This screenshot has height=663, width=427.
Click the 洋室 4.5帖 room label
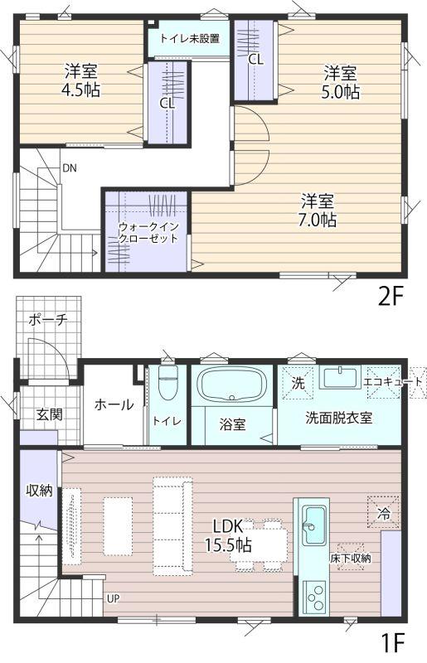pyautogui.click(x=82, y=80)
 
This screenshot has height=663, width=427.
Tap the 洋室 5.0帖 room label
pyautogui.click(x=341, y=82)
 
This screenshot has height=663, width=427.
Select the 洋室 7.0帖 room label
pyautogui.click(x=318, y=211)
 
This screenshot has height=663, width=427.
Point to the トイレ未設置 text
pyautogui.click(x=190, y=39)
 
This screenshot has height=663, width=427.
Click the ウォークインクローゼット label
pyautogui.click(x=148, y=232)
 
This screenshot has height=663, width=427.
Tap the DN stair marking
pyautogui.click(x=70, y=168)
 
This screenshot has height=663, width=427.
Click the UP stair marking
pyautogui.click(x=113, y=598)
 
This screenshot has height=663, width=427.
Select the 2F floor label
pyautogui.click(x=389, y=297)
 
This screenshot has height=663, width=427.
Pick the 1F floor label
pyautogui.click(x=393, y=643)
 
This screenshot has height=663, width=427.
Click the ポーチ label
pyautogui.click(x=48, y=320)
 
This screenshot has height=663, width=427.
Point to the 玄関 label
pyautogui.click(x=49, y=414)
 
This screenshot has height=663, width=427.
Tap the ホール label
pyautogui.click(x=114, y=404)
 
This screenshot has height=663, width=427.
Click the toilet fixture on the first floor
pyautogui.click(x=168, y=382)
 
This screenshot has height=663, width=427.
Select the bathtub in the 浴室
pyautogui.click(x=232, y=385)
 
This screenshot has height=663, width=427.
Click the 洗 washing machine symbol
pyautogui.click(x=298, y=383)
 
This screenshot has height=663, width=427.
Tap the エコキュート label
pyautogui.click(x=393, y=382)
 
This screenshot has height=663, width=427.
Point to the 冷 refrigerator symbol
pyautogui.click(x=383, y=512)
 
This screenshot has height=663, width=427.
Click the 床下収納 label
pyautogui.click(x=351, y=559)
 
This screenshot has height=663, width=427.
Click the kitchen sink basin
pyautogui.click(x=314, y=526)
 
